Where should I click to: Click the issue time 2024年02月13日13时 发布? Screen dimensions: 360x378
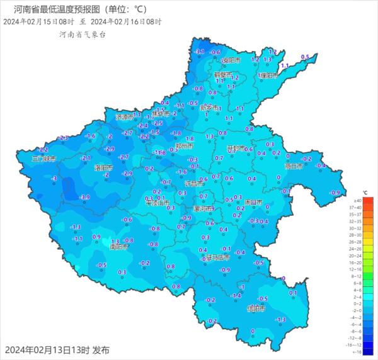[57, 350]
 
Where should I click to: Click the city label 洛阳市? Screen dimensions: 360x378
[103, 168]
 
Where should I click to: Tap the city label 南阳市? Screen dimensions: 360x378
[119, 247]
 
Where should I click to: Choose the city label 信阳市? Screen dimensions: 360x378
[256, 308]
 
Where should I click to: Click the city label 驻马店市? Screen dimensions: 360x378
[219, 257]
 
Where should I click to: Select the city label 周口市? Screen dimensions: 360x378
[253, 202]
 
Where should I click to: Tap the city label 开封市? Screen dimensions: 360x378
[236, 149]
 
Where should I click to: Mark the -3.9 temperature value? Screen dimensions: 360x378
[85, 197]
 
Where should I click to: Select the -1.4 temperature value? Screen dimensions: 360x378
[237, 295]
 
